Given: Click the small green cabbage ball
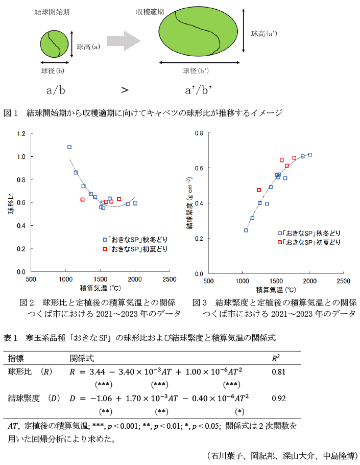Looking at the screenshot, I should coord(55,45).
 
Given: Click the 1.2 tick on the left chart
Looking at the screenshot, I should coord(20,134).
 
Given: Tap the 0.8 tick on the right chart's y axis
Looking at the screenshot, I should coord(199,133).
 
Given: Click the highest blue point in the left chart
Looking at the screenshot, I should coord(69,147).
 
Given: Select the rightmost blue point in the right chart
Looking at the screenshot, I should coord(310,155).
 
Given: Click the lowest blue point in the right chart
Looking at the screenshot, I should coord(246,230).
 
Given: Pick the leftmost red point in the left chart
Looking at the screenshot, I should coord(82,199).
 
